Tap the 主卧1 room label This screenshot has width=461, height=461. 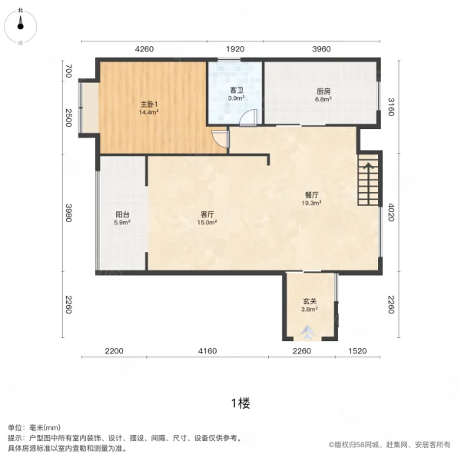(x=148, y=104)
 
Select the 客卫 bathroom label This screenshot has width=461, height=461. (x=237, y=91)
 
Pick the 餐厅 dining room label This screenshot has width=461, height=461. (x=310, y=194)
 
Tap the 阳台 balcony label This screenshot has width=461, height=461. (x=122, y=214)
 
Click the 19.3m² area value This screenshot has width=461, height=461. (x=310, y=203)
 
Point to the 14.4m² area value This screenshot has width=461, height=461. (x=148, y=112)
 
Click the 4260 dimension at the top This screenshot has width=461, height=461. (x=145, y=48)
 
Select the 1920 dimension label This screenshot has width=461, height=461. (x=236, y=48)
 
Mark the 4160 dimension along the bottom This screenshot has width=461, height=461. (x=207, y=351)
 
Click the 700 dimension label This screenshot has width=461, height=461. (x=68, y=71)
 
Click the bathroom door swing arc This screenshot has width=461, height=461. (x=247, y=118)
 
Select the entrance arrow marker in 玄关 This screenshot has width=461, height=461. (x=307, y=333)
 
